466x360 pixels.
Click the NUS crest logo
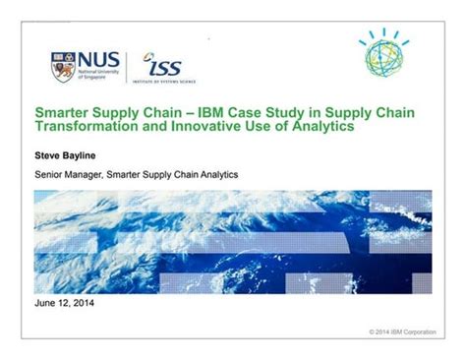click(61, 66)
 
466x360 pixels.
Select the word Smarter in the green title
click(64, 114)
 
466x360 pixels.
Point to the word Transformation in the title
click(89, 128)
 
